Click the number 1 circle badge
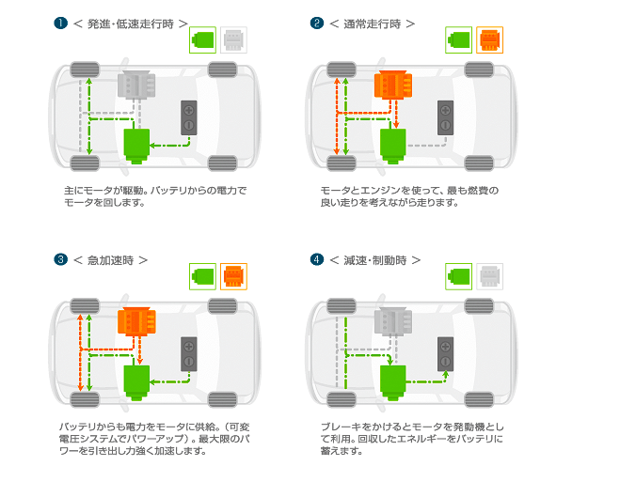click(x=60, y=22)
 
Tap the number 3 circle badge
click(x=60, y=259)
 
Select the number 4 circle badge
click(x=317, y=259)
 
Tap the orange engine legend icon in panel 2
click(x=489, y=40)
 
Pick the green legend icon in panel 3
click(x=203, y=277)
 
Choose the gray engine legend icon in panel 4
click(x=489, y=277)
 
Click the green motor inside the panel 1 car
click(x=137, y=145)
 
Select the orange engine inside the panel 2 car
click(x=393, y=85)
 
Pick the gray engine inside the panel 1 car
click(x=137, y=85)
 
